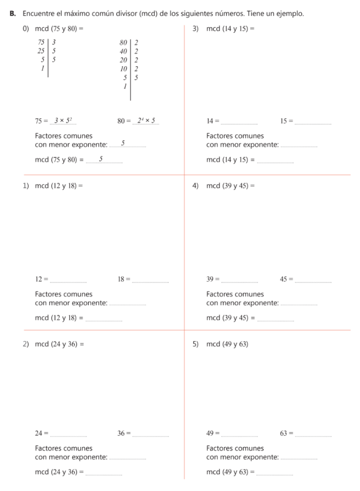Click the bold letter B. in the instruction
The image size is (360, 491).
pos(13,13)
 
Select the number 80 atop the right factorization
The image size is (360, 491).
pos(123,42)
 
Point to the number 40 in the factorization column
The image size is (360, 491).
pos(123,51)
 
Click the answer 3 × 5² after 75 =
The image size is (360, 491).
pos(63,120)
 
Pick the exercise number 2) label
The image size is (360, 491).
pos(26,344)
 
